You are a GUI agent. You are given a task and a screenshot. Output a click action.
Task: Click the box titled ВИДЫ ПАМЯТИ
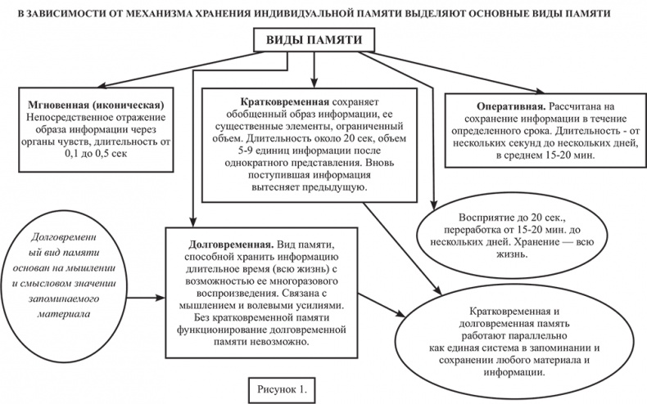[x=315, y=41]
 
